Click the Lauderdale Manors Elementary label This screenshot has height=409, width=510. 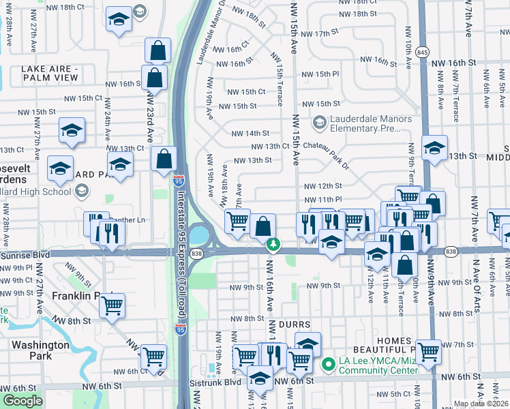(x=371, y=123)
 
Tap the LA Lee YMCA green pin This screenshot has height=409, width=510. (x=327, y=365)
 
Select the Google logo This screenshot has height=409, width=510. (x=22, y=401)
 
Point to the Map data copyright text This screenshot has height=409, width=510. (x=481, y=404)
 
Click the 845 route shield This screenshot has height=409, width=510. (x=423, y=52)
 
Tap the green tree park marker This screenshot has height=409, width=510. (x=273, y=243)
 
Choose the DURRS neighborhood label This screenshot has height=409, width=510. (x=295, y=324)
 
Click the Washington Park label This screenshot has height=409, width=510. (x=41, y=350)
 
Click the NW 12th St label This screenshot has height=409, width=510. (x=322, y=185)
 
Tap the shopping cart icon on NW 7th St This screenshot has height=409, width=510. (x=428, y=351)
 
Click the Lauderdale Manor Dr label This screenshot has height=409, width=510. (x=212, y=34)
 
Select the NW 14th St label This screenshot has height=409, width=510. (x=250, y=134)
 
